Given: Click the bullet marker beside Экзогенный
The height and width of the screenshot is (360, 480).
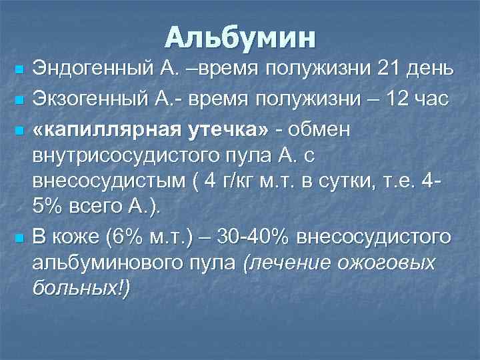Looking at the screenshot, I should coord(19,100).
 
